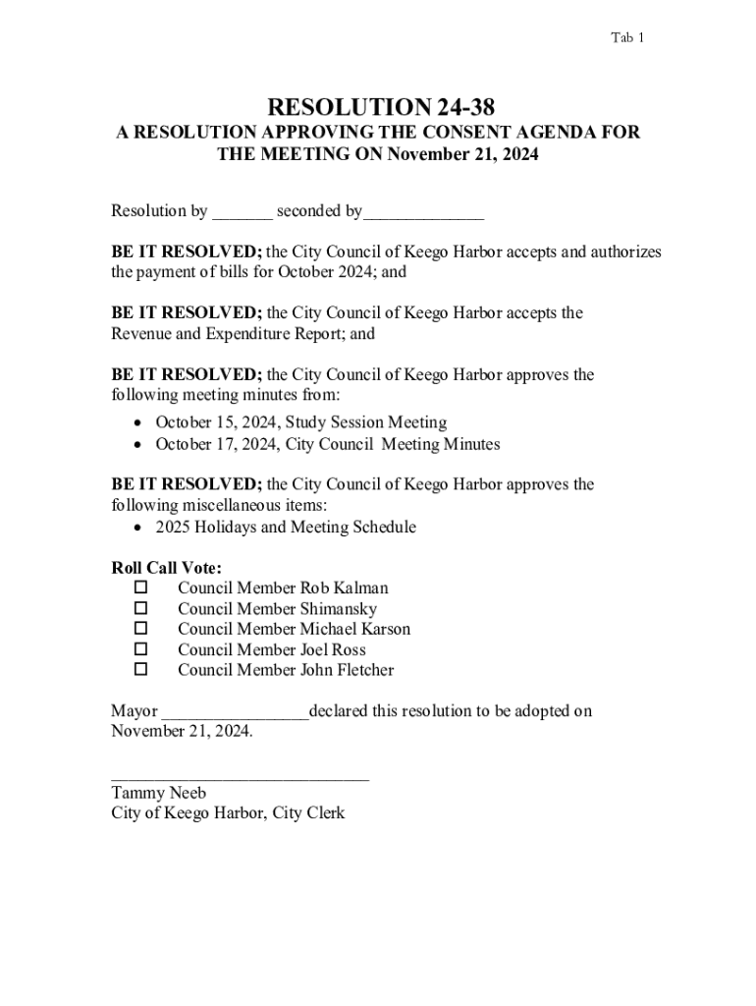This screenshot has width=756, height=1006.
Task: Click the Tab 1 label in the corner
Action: [x=627, y=38]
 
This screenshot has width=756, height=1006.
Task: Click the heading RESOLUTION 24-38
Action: [x=378, y=106]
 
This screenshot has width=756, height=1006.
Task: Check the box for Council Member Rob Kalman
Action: [x=139, y=587]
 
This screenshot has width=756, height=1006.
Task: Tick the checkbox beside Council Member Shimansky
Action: [x=139, y=608]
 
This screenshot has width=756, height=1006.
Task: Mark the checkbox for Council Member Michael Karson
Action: [x=139, y=629]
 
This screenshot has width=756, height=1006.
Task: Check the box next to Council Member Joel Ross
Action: [x=139, y=649]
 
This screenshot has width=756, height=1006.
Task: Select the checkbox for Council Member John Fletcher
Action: [x=139, y=670]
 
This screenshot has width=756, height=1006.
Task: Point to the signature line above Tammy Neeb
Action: [x=241, y=778]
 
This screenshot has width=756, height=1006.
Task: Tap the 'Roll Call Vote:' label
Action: [x=166, y=568]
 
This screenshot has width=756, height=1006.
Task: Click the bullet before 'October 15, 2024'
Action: [x=138, y=423]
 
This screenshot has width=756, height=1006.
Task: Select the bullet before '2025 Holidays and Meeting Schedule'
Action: [x=138, y=529]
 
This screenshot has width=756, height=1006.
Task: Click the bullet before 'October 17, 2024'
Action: [x=138, y=445]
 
